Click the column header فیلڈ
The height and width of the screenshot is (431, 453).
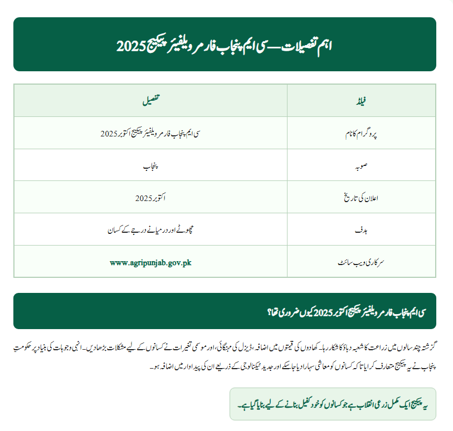click(x=361, y=101)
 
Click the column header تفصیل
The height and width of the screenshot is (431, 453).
click(x=150, y=101)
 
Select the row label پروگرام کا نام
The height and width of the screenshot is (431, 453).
click(x=361, y=134)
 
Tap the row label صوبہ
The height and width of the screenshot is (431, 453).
click(x=361, y=166)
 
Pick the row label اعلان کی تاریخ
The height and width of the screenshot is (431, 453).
click(x=361, y=198)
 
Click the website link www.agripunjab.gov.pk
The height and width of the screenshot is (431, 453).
click(x=150, y=262)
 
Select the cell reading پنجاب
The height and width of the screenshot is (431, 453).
click(x=150, y=166)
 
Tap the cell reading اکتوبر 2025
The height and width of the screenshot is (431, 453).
click(x=150, y=198)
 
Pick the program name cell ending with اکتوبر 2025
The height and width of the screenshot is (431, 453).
click(x=150, y=134)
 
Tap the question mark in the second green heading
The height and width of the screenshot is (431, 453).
click(x=270, y=311)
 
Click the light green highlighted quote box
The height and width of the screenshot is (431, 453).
click(x=333, y=404)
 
